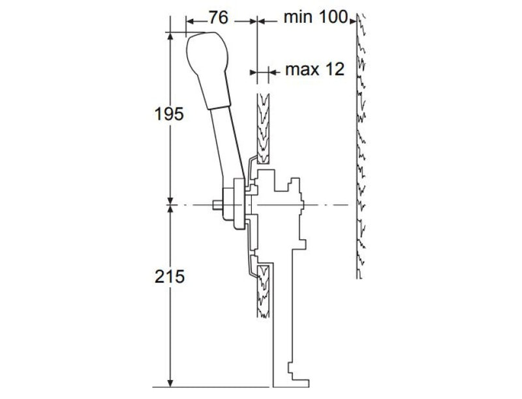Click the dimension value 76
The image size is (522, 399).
(x=218, y=18)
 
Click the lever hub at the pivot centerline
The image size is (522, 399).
(x=233, y=207)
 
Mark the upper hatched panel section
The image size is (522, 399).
(x=263, y=127)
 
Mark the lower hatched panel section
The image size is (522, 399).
(x=264, y=290)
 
